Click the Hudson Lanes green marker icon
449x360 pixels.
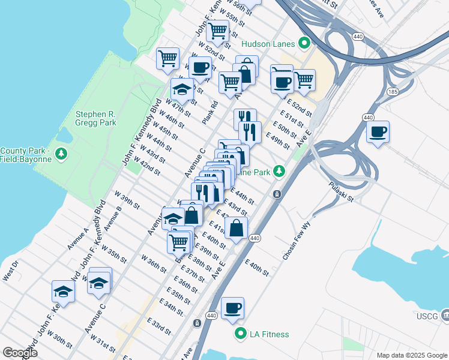(304, 43)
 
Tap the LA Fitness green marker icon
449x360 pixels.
(241, 334)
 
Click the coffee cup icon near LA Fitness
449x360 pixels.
(232, 308)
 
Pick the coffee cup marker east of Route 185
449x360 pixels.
(378, 131)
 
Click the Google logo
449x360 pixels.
(19, 353)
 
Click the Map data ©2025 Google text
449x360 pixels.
(412, 355)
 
